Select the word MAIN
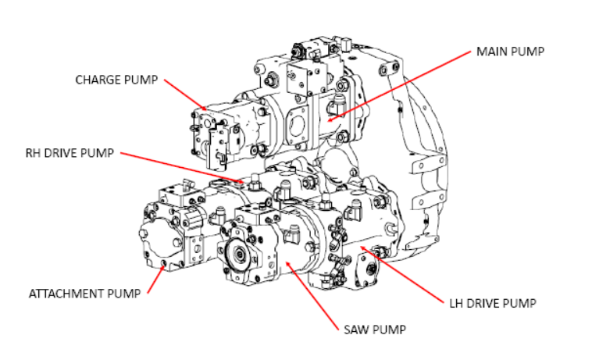(x=492, y=52)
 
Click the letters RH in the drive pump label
(x=34, y=153)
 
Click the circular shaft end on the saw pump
(x=237, y=254)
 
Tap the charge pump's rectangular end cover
(x=209, y=137)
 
